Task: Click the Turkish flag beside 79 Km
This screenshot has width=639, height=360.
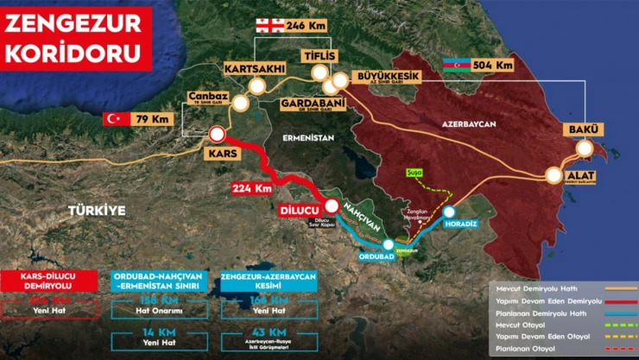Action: (x=115, y=119)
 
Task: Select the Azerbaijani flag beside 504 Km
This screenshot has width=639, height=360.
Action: (x=455, y=65)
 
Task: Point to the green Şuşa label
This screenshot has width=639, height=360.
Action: (x=414, y=174)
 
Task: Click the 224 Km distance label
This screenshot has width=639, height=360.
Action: (x=251, y=187)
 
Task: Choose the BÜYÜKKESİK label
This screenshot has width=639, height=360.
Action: (x=383, y=77)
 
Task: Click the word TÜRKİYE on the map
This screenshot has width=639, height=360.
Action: (x=98, y=210)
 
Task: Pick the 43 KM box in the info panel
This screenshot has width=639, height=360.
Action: (x=266, y=337)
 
